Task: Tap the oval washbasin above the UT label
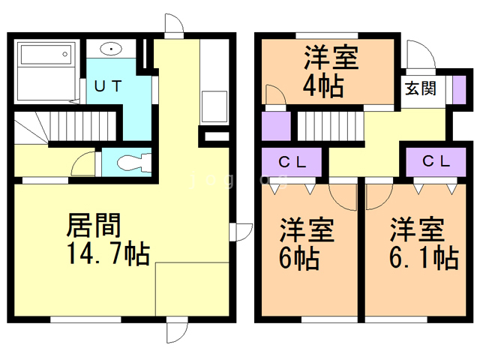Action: coord(110,51)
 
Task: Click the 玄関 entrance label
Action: coord(421,88)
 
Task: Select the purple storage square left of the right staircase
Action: coord(275,124)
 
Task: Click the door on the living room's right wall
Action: coord(241,232)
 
